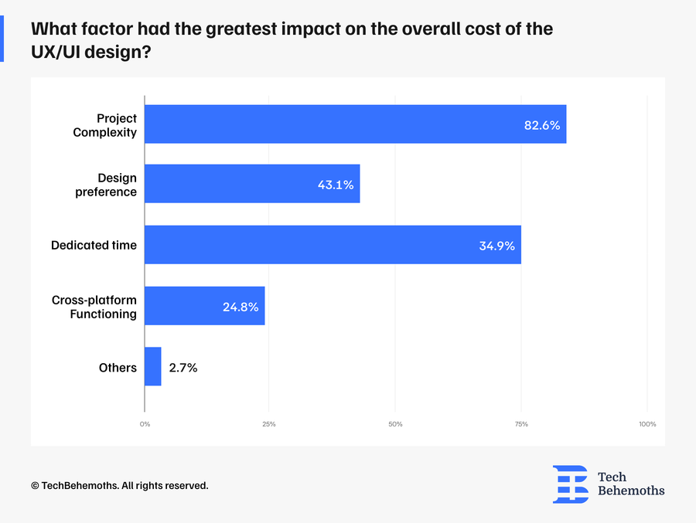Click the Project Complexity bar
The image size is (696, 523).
[356, 124]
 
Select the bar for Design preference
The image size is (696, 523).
[252, 185]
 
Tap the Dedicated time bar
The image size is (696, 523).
[333, 245]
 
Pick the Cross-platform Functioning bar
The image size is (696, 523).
[205, 306]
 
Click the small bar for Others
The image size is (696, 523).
[153, 367]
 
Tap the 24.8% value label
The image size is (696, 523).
[241, 307]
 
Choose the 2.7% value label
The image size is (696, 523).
[183, 368]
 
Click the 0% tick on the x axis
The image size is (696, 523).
[145, 424]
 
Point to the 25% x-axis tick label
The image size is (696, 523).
[269, 424]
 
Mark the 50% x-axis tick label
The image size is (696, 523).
[395, 424]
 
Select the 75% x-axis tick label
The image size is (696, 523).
[521, 424]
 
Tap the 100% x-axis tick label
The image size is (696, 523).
[647, 424]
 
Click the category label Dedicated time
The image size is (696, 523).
[94, 246]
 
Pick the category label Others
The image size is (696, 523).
[118, 368]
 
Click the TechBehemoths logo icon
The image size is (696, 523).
[570, 484]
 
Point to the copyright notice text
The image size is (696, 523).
[120, 486]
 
